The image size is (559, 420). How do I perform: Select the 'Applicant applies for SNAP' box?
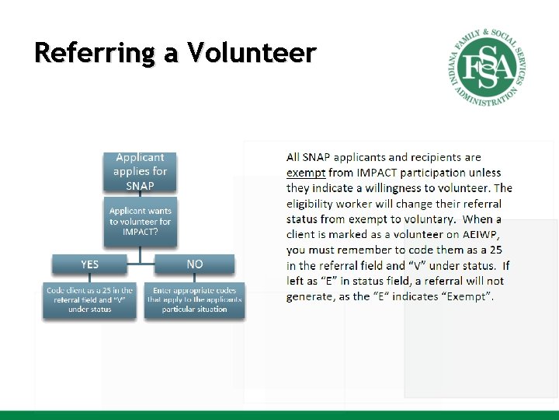tap(140, 172)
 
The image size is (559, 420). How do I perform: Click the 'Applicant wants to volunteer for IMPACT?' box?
tap(141, 221)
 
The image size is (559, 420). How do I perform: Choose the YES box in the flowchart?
tap(90, 264)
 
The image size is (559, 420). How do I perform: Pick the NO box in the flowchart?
tap(195, 264)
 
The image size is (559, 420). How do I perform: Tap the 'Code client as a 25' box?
tap(89, 299)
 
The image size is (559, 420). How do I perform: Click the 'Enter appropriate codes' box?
tap(195, 299)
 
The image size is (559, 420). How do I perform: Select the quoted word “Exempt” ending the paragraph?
tap(469, 296)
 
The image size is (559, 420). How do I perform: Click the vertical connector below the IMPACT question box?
tap(140, 247)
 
